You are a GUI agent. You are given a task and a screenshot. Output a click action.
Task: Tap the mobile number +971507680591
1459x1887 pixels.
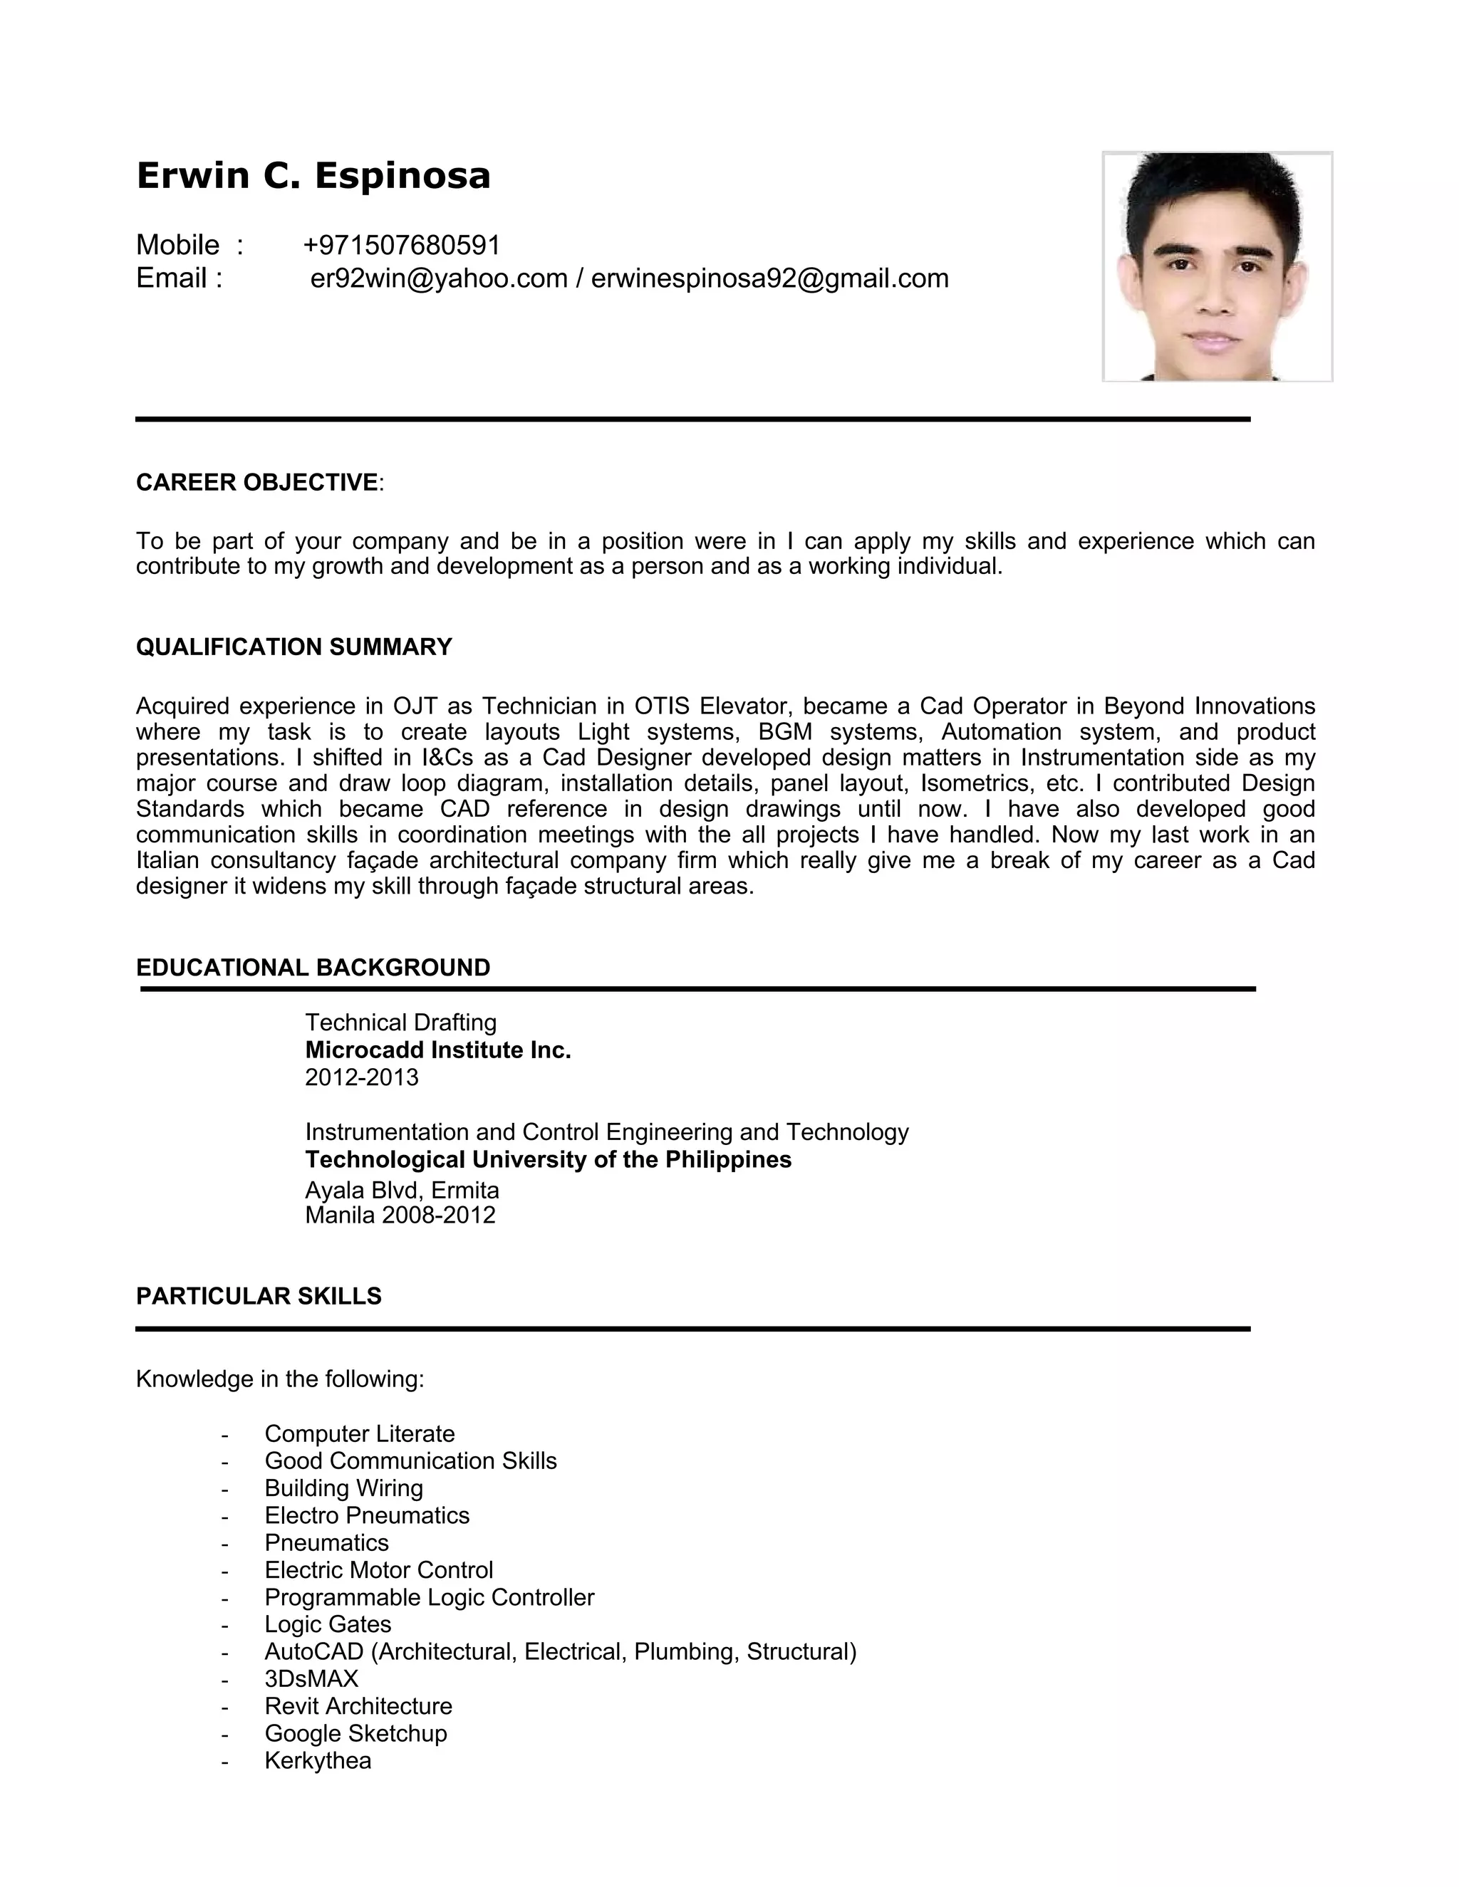coord(402,246)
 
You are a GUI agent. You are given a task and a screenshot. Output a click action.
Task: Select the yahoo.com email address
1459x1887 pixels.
coord(438,278)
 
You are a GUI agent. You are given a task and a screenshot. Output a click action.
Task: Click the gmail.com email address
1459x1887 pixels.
coord(769,278)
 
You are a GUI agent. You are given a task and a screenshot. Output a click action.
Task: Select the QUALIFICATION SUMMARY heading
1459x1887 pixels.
coord(294,647)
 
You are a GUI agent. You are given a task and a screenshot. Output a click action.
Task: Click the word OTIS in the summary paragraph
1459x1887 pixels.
coord(661,707)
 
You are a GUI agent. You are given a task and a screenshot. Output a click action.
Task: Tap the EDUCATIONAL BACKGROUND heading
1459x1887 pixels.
coord(313,968)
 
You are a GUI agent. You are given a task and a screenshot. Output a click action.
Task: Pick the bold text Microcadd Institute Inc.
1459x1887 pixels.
coord(437,1050)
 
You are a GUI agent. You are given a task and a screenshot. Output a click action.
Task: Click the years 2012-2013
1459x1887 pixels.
coord(361,1077)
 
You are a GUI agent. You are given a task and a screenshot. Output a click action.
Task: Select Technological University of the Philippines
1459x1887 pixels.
coord(548,1159)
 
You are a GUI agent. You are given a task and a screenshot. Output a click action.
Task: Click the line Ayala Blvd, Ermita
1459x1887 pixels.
coord(402,1191)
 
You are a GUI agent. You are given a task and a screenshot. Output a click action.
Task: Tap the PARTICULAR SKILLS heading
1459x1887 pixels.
coord(259,1296)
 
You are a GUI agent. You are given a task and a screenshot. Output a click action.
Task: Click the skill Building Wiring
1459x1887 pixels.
coord(343,1488)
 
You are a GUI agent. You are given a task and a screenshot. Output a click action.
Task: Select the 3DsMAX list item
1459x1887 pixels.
coord(311,1679)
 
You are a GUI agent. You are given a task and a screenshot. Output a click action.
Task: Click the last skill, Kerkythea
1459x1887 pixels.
coord(317,1761)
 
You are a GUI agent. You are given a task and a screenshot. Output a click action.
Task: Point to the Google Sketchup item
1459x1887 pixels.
coord(355,1733)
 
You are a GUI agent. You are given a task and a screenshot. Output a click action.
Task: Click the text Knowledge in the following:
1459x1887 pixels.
coord(280,1379)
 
